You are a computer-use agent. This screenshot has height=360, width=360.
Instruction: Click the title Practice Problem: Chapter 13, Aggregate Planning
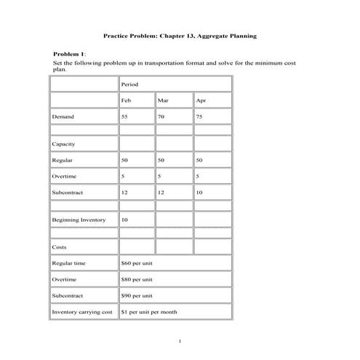[x=179, y=35]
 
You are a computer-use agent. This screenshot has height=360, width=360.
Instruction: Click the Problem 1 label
[x=70, y=54]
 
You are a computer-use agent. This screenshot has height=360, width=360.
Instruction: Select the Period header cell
[x=130, y=84]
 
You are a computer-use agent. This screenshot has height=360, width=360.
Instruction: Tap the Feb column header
[x=127, y=100]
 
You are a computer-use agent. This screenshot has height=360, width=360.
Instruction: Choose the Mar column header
[x=163, y=100]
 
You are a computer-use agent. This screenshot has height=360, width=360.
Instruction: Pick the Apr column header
[x=201, y=100]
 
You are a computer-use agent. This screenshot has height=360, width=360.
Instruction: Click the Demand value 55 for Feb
[x=126, y=116]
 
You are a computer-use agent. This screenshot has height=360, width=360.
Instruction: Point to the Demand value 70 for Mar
[x=161, y=116]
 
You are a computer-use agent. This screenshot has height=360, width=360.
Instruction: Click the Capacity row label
[x=65, y=143]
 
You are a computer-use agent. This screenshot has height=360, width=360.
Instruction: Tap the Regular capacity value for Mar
[x=161, y=159]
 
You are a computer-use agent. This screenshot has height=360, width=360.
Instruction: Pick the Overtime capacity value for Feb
[x=124, y=176]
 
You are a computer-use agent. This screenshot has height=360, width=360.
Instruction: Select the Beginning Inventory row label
[x=79, y=220]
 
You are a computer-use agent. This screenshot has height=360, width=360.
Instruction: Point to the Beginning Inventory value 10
[x=126, y=220]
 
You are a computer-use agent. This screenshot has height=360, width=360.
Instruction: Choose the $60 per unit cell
[x=137, y=263]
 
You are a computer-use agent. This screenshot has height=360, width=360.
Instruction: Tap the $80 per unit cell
[x=137, y=279]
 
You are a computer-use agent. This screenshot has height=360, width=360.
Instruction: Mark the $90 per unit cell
[x=137, y=296]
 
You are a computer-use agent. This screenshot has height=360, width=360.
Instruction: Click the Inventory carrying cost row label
[x=82, y=313]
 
